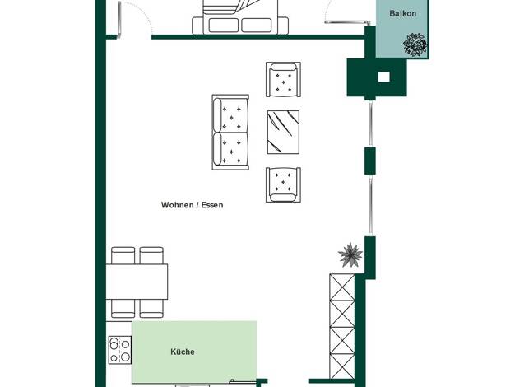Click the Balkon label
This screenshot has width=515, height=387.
click(x=402, y=13)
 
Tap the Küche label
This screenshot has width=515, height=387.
click(x=183, y=352)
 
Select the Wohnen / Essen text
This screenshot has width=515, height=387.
click(x=193, y=205)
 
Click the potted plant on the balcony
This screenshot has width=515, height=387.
click(x=415, y=44)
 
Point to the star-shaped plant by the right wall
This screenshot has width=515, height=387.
click(x=350, y=254)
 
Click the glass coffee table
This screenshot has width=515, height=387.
click(x=283, y=133)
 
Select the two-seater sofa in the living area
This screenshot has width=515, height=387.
click(x=230, y=133)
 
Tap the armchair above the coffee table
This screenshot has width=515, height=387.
click(x=283, y=80)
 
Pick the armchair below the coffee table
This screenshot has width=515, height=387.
click(x=283, y=184)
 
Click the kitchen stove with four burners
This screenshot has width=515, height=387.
click(x=120, y=350)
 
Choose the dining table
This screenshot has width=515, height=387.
click(x=137, y=282)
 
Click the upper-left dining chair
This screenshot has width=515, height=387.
click(x=123, y=255)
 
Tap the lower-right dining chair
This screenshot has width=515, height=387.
click(x=151, y=309)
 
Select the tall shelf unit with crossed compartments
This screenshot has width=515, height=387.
click(x=342, y=326)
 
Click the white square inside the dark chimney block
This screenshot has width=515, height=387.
click(x=383, y=77)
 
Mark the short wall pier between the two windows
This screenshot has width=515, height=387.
click(x=370, y=161)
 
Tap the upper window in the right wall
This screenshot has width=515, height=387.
click(x=370, y=124)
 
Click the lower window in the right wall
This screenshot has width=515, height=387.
click(x=370, y=205)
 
